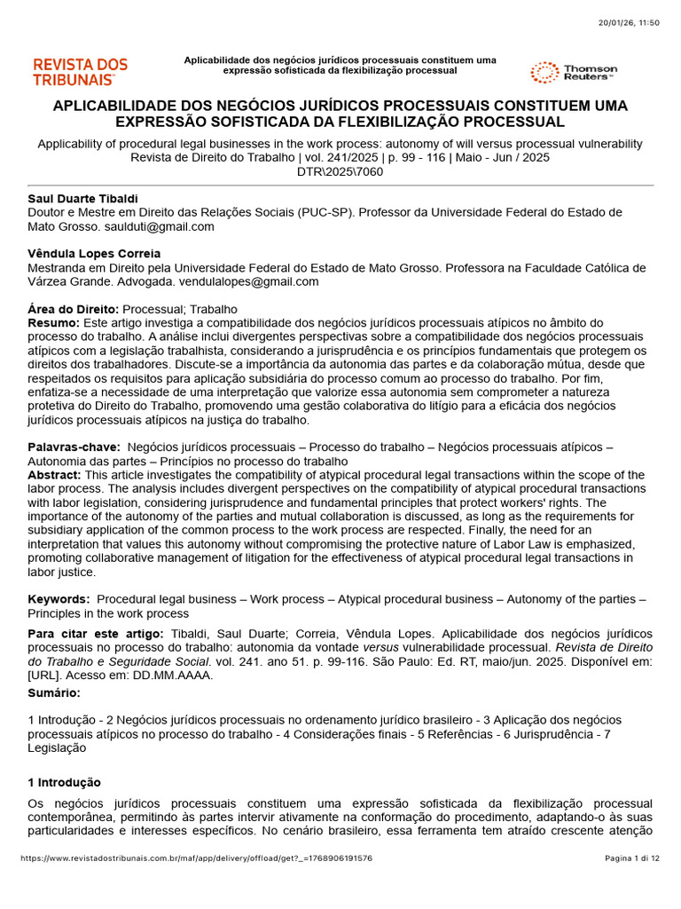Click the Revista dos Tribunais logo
(80, 72)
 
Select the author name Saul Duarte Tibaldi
(83, 198)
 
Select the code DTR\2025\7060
(340, 172)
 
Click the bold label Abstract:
(56, 475)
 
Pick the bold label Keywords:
(59, 600)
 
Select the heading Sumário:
(53, 692)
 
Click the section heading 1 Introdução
(64, 782)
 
